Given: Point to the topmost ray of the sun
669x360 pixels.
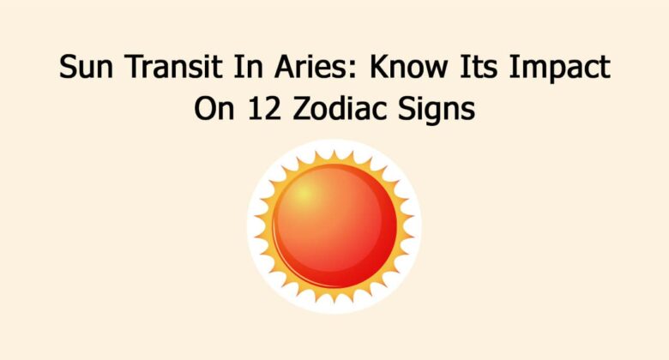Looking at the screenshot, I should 334,154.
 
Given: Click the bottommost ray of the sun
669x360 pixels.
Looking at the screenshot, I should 334,299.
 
